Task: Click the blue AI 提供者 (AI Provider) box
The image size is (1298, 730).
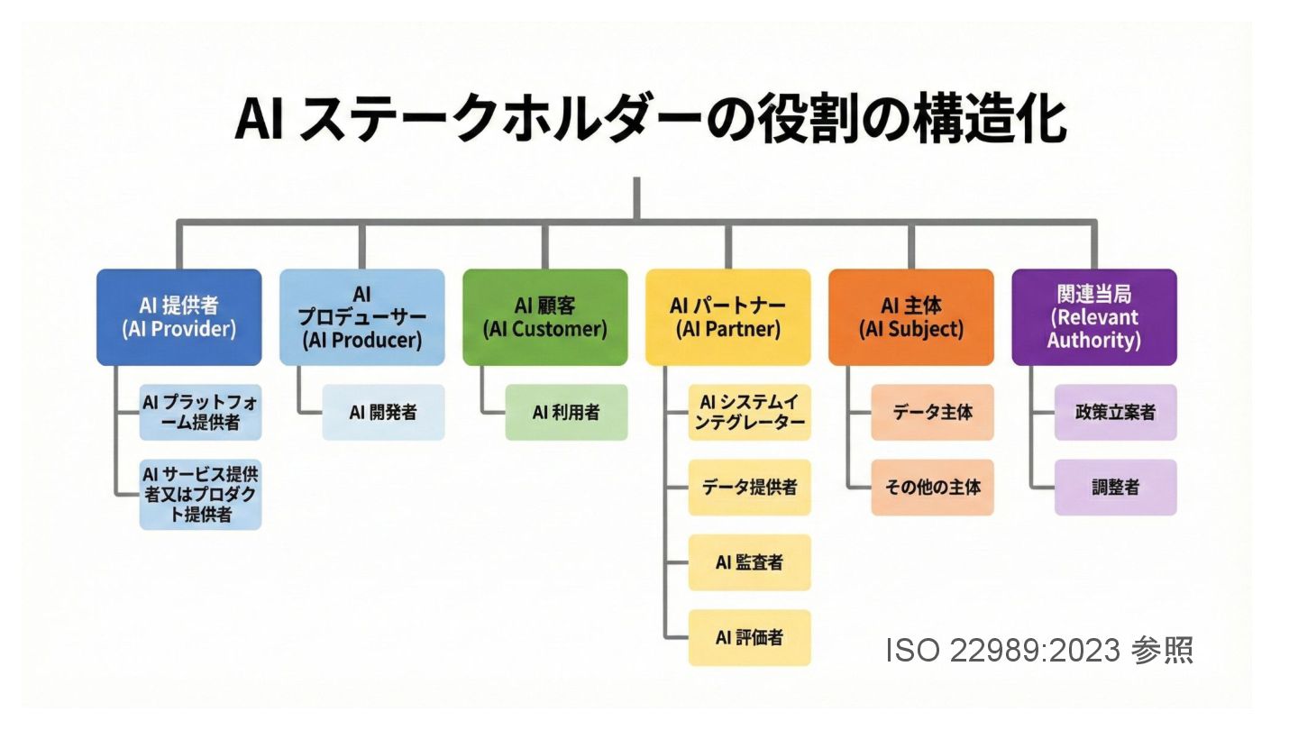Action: (178, 316)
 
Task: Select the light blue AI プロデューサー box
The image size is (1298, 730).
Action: (361, 316)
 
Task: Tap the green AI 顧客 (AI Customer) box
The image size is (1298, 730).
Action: (544, 316)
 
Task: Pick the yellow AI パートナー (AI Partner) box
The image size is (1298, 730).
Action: (727, 316)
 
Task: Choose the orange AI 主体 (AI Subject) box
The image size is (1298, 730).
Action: (910, 316)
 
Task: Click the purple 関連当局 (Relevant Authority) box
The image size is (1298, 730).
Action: (1093, 316)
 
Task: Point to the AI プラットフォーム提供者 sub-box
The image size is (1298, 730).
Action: (200, 412)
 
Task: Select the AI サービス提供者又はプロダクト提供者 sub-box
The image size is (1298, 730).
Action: (200, 494)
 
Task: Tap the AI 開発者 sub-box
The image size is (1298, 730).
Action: (383, 412)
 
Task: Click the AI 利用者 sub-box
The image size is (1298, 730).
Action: (566, 412)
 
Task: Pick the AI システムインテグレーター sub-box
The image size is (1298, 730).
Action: (749, 412)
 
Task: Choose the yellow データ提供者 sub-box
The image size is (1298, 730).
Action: (749, 487)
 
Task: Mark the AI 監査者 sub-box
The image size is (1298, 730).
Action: (749, 562)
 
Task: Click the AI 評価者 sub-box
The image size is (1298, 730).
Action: (749, 637)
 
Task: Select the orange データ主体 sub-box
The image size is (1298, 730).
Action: (932, 412)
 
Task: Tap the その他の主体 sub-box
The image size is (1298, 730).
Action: (932, 487)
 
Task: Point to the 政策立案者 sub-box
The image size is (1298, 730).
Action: (1115, 412)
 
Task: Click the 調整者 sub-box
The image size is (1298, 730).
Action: (1115, 487)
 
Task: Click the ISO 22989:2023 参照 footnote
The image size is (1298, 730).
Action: (1039, 650)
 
